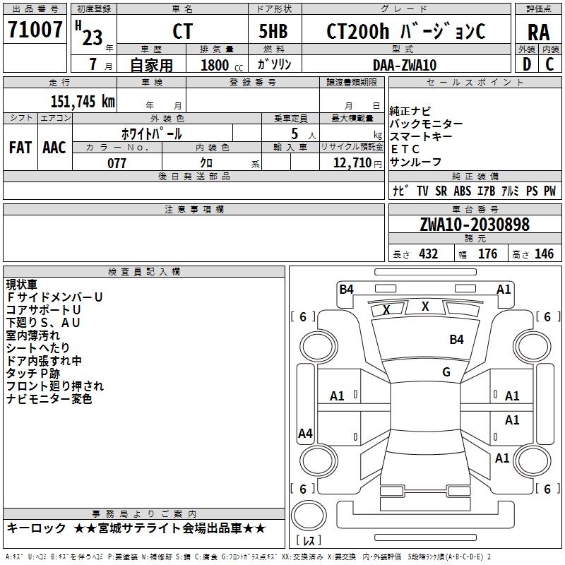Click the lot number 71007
pos(35,30)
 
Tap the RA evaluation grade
pos(538,32)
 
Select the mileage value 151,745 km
pos(83,101)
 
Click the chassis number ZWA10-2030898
pos(474,225)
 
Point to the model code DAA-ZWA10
pos(405,65)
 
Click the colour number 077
pos(117,163)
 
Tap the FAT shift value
pos(20,147)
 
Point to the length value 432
pos(428,254)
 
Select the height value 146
pos(544,254)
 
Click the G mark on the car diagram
pos(446,372)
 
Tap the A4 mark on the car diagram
pos(305,434)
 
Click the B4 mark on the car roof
pos(457,340)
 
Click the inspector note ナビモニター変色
pos(49,399)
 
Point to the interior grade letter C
pos(549,65)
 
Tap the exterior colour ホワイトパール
pos(152,133)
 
